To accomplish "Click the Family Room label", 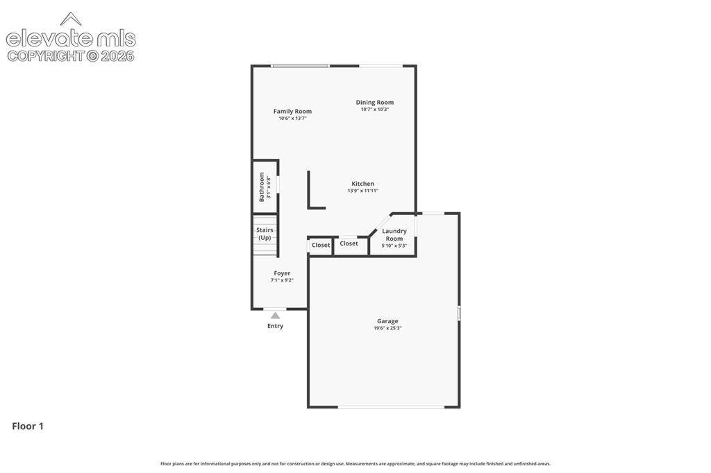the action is point(292,111).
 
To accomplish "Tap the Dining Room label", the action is point(374,103).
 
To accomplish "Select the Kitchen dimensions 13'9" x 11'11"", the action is point(362,191).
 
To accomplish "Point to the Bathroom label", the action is point(262,187).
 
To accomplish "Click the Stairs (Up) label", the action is point(265,234).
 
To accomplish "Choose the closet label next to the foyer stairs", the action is point(321,245).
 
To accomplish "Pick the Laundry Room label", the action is point(394,234).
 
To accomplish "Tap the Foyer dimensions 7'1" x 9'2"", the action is point(282,280).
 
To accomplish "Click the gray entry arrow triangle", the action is point(275,316).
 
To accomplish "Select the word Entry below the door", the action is point(275,326).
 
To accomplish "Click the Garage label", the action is point(387,321).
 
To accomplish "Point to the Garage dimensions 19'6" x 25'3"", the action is point(387,328).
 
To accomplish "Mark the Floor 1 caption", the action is point(28,426).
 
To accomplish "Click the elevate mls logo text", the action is point(71,39).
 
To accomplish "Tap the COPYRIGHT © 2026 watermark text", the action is point(71,55).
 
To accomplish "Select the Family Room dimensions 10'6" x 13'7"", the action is point(292,118).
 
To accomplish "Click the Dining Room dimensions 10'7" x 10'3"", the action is point(374,109).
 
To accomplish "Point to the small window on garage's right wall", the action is point(459,313).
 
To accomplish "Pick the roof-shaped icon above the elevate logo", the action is point(71,19).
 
